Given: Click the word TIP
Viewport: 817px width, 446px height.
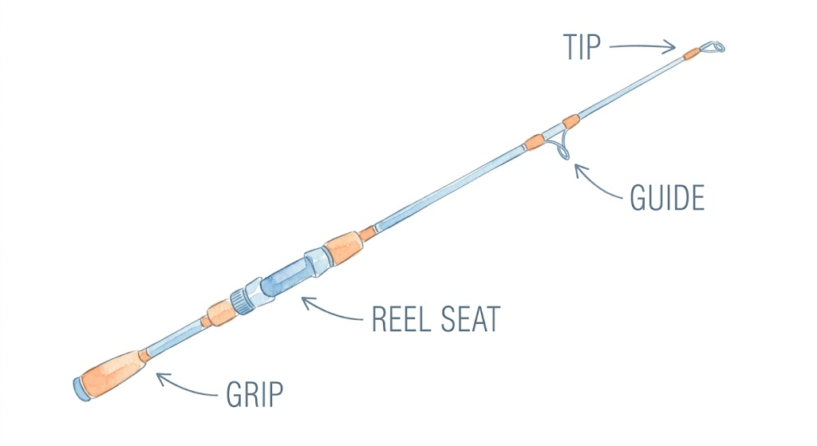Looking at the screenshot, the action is click(582, 47).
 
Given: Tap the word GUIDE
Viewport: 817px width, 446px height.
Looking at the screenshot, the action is click(668, 198).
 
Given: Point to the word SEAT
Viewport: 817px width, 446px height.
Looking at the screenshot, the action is click(471, 319).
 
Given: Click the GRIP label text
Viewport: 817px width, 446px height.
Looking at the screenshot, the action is click(255, 394).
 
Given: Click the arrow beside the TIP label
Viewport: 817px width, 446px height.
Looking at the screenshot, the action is click(642, 47).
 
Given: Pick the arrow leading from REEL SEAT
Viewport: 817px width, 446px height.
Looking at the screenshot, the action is click(330, 310).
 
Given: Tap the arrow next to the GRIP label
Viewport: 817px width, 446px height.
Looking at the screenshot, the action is click(185, 386).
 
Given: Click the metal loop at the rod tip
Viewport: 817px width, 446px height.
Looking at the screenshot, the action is click(712, 47).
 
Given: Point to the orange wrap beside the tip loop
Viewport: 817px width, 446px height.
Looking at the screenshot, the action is click(692, 53).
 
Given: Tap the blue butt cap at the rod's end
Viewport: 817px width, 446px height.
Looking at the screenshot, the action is click(81, 389).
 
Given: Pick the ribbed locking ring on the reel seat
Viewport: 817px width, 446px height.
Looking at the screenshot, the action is click(242, 301).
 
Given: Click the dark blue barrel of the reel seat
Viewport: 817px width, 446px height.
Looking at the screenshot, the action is click(288, 275).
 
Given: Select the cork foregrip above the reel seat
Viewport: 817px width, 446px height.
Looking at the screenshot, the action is click(343, 246).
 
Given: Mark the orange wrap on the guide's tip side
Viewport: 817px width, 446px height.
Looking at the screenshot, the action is click(571, 122).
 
